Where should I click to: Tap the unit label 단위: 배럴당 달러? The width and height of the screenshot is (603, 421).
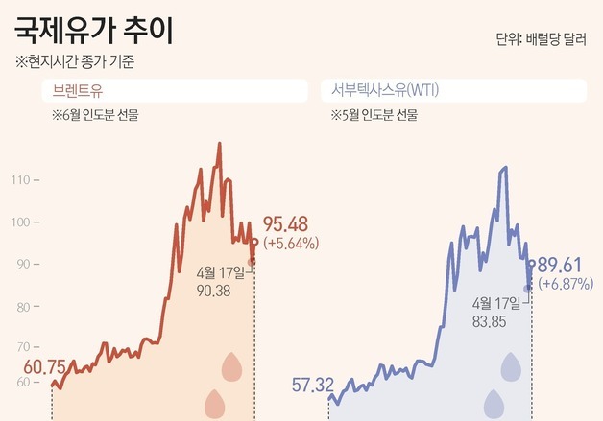pyautogui.click(x=541, y=39)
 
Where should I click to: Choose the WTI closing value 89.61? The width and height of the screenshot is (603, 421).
pyautogui.click(x=562, y=265)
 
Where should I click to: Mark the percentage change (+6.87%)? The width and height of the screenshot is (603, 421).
pyautogui.click(x=566, y=285)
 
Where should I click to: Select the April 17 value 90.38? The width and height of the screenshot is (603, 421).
pyautogui.click(x=212, y=290)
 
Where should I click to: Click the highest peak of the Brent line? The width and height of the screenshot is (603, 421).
pyautogui.click(x=220, y=145)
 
